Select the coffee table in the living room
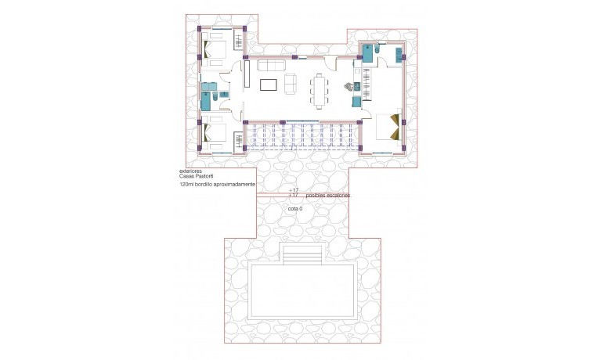click(x=269, y=84)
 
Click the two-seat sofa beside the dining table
click(x=291, y=84)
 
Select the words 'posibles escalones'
click(x=328, y=195)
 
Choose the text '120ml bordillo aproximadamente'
click(x=218, y=185)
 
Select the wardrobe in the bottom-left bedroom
click(x=237, y=141)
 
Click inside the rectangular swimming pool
click(x=301, y=293)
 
